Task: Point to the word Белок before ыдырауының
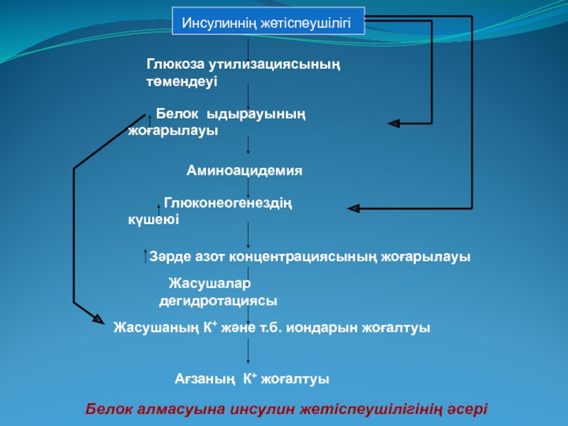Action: tap(178, 114)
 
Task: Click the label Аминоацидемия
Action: tap(244, 170)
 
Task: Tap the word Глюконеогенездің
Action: tap(228, 203)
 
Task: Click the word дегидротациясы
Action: tap(217, 301)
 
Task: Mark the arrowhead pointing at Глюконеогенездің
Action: tap(353, 208)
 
